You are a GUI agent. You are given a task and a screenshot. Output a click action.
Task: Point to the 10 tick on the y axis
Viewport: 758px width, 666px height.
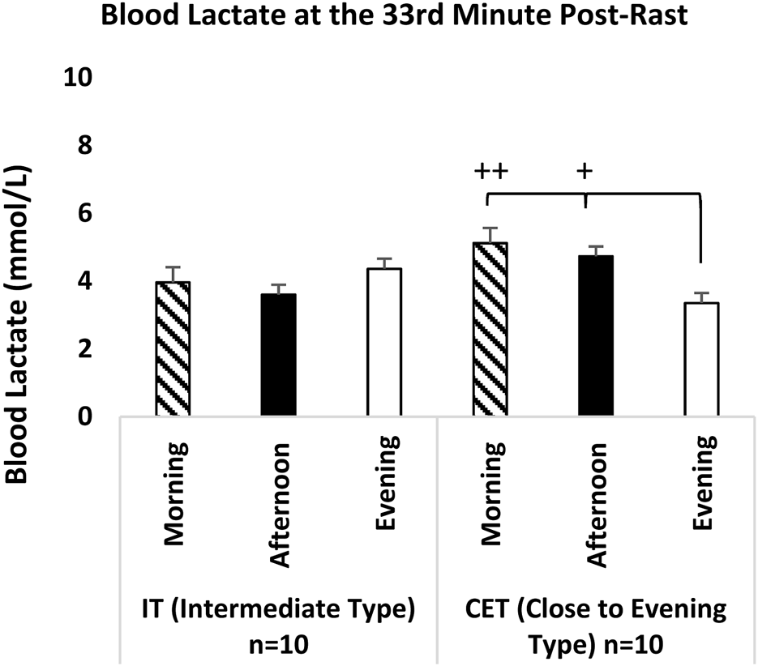[x=74, y=78]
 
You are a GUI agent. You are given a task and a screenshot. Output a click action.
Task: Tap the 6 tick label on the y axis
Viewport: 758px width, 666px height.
[x=84, y=214]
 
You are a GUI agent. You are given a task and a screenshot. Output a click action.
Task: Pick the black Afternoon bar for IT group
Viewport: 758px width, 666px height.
[x=278, y=356]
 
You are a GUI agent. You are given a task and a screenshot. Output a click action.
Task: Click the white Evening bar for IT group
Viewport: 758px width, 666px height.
[x=383, y=344]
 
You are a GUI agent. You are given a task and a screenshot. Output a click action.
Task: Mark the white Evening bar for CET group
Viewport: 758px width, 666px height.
[x=701, y=360]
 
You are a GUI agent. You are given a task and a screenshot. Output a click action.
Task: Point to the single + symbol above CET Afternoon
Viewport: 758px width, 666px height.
[x=583, y=172]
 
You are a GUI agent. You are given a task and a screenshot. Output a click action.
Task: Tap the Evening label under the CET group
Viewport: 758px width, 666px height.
[x=704, y=483]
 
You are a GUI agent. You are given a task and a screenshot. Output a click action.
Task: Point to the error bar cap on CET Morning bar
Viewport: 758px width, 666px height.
[x=490, y=229]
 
